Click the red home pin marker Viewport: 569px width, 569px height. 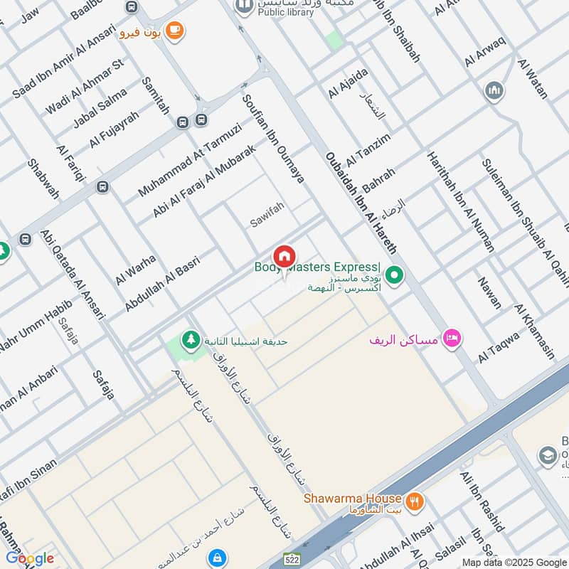[x=284, y=256]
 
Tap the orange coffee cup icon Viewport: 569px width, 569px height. [x=174, y=31]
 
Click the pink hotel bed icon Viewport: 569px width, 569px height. [x=450, y=339]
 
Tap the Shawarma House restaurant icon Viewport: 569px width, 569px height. [x=415, y=501]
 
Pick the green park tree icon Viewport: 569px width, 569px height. [x=189, y=341]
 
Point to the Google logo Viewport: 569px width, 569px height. [x=29, y=558]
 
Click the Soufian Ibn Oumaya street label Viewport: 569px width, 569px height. [x=273, y=139]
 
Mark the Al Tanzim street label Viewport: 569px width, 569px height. [x=368, y=149]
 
